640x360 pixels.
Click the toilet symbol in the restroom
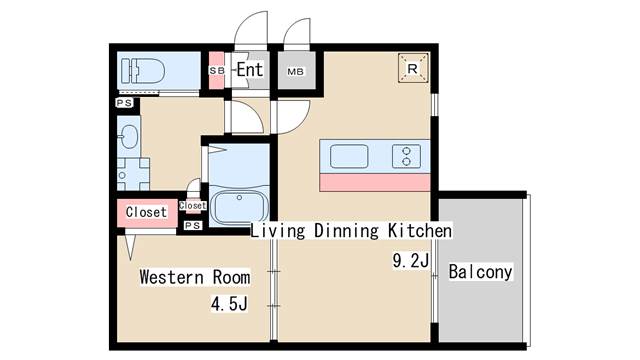coord(143,71)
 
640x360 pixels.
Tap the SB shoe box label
coord(217,71)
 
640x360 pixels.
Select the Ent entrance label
coord(249,69)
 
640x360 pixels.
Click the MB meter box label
coord(296,72)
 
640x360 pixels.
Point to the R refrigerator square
coord(413,68)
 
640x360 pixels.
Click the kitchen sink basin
coord(349,156)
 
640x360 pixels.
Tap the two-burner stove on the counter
coord(406,156)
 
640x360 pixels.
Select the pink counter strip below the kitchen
coord(375,182)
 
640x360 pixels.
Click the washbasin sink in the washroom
coord(130,137)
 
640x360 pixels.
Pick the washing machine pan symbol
coord(133,174)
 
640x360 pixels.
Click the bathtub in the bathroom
coord(239,207)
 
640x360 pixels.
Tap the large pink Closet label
coord(146,212)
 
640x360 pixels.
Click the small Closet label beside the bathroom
coord(193,205)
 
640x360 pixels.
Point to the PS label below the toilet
coord(124,103)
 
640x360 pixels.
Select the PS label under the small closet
coord(193,225)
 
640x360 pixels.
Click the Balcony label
coord(480,272)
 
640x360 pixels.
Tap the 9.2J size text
coord(411,260)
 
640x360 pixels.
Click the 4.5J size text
coord(229,304)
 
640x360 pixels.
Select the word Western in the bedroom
coord(172,277)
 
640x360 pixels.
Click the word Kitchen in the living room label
coord(420,231)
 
